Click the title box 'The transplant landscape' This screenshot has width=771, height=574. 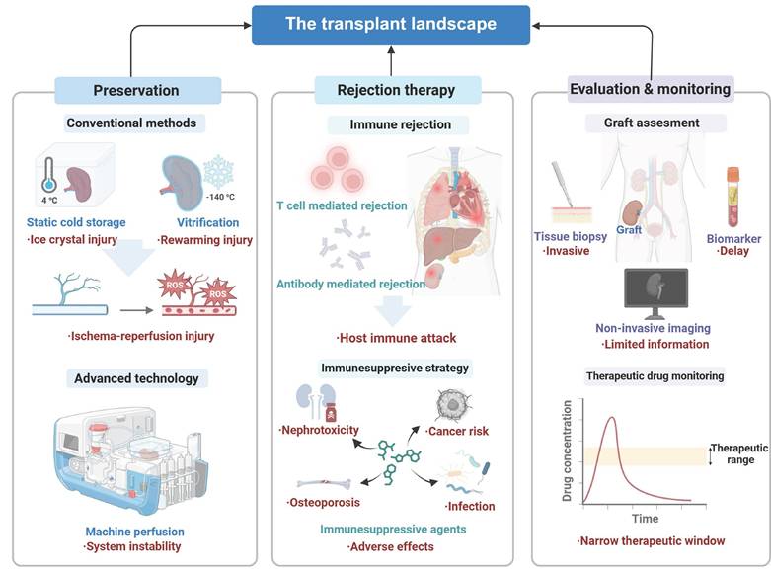[392, 24]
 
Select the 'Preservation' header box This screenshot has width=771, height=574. [135, 90]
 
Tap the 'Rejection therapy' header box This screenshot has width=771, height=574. [391, 90]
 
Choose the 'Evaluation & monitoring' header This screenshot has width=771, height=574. [650, 89]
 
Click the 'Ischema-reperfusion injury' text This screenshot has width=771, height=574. [142, 336]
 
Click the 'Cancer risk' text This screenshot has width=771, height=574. [457, 431]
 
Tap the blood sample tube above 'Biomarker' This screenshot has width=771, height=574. [733, 194]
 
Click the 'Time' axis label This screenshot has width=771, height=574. [645, 518]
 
